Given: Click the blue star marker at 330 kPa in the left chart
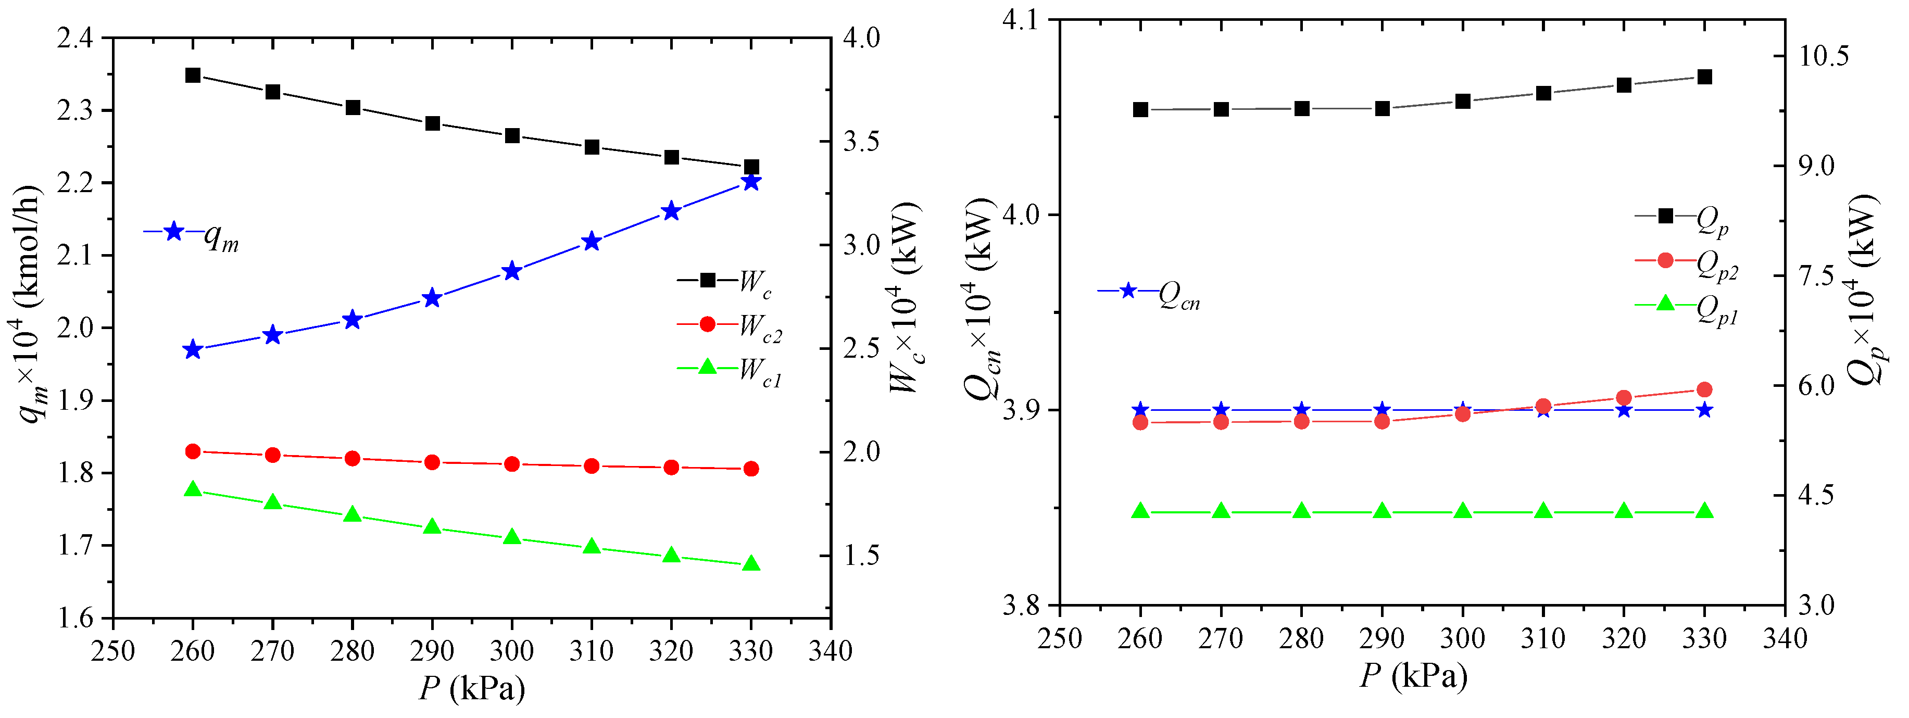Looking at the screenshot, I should click(x=751, y=182).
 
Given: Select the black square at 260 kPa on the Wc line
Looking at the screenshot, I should click(x=193, y=75).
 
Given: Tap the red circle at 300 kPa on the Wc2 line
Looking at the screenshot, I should click(x=511, y=464).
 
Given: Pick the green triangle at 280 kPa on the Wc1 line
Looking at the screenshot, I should click(x=352, y=515).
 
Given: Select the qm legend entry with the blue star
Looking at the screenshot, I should click(x=191, y=233).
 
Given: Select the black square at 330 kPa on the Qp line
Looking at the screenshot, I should click(x=1704, y=77).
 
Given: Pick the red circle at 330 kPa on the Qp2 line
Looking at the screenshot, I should click(x=1704, y=390).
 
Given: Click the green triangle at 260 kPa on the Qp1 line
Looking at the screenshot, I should click(x=1140, y=511).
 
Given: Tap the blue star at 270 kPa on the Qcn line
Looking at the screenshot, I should click(x=1221, y=410).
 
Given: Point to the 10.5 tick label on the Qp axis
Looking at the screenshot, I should click(x=1817, y=56).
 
